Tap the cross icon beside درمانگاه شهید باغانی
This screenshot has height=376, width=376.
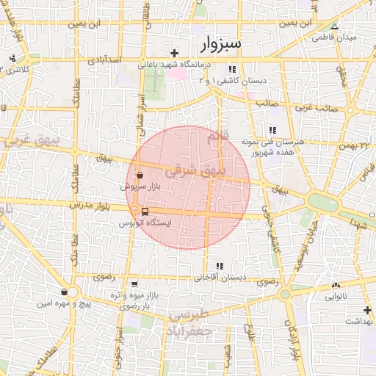click(174, 53)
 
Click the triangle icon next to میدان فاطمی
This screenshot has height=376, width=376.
click(335, 26)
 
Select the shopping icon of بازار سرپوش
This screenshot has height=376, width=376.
click(140, 176)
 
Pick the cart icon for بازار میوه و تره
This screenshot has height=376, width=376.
click(133, 283)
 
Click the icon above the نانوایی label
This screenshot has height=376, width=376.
click(336, 285)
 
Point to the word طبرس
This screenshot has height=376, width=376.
click(189, 316)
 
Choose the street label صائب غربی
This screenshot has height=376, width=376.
click(317, 107)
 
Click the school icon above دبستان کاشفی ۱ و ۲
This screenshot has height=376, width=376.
click(231, 69)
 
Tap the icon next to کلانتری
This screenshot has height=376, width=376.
click(11, 59)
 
